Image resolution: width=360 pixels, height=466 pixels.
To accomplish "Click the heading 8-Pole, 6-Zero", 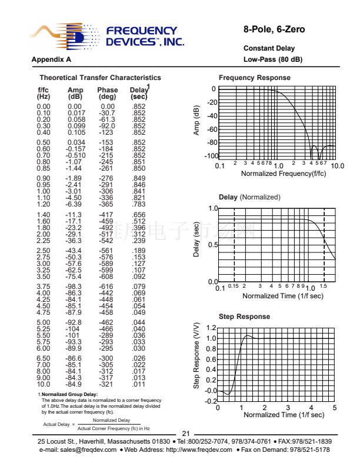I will point(274,29).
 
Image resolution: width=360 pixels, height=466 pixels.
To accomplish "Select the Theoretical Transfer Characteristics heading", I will point(100,78).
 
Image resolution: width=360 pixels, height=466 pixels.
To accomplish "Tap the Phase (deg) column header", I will point(107,93).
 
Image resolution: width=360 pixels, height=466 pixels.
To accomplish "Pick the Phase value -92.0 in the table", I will point(107,126).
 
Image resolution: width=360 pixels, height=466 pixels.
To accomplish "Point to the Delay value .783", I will point(139,204).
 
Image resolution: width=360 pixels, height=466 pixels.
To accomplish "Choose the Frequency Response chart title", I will point(254,78).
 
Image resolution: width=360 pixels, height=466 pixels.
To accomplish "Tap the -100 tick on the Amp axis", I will point(209,157).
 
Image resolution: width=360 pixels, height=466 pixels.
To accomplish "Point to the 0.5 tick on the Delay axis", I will point(212,245).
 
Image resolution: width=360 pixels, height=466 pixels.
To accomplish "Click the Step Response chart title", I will point(244,317).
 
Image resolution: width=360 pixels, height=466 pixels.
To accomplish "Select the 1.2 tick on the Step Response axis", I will point(212,328).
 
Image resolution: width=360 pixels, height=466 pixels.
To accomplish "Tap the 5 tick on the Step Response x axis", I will point(334,408).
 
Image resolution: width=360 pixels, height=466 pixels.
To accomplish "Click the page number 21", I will point(186,434).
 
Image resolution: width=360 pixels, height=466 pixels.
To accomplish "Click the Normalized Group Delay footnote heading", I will point(69,394).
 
